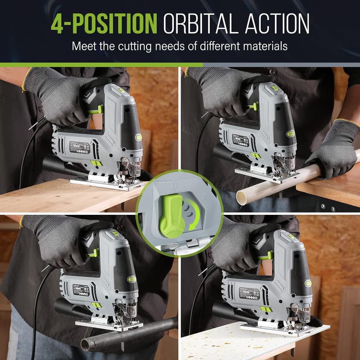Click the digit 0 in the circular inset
tap(174, 186)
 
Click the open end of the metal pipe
tap(86, 345)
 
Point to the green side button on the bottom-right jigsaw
tap(308, 283)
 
